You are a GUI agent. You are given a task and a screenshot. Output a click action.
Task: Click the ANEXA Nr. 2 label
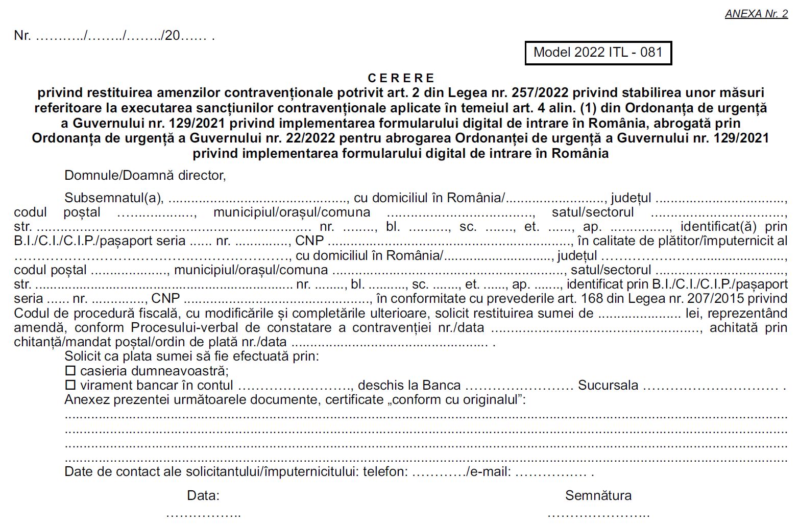756,14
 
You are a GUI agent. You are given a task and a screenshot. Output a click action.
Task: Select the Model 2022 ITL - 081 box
598,53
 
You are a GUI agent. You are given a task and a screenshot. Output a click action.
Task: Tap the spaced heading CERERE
401,78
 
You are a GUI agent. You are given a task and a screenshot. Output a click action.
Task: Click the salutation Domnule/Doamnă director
145,176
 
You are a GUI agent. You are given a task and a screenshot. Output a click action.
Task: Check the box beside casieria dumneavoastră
70,370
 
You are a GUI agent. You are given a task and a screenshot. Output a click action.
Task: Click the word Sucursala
608,385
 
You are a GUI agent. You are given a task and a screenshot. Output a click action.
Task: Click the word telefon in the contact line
384,471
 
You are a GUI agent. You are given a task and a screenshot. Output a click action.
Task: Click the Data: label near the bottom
203,495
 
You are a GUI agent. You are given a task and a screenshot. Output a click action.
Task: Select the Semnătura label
598,495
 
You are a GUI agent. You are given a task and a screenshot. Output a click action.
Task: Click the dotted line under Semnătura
598,514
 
